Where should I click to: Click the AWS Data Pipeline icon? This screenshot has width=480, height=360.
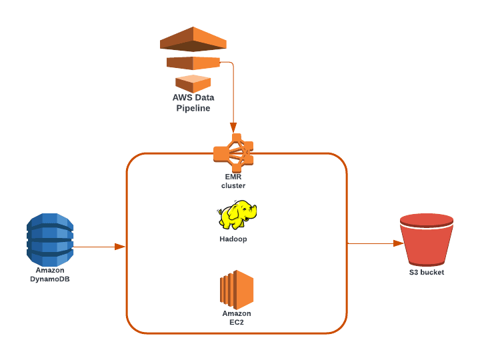click(193, 59)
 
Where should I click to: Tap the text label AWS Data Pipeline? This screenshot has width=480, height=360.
click(193, 103)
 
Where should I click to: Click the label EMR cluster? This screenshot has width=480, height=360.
click(233, 181)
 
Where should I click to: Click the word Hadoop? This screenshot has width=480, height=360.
click(233, 239)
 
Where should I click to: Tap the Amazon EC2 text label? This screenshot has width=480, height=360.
click(237, 317)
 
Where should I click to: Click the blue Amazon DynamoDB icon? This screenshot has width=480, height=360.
click(50, 239)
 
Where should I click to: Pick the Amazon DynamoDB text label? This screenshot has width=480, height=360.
click(50, 275)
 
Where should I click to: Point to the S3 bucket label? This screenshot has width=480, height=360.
click(427, 272)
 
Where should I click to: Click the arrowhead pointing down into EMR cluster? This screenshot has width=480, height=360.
click(233, 127)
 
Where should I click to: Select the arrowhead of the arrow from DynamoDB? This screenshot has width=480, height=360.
click(120, 247)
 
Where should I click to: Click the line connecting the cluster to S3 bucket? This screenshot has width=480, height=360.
click(373, 243)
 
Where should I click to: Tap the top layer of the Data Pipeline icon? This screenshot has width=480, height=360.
click(193, 39)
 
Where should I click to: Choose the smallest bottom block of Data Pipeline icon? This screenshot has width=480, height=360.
click(193, 83)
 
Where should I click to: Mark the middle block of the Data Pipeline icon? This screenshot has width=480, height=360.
click(193, 63)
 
